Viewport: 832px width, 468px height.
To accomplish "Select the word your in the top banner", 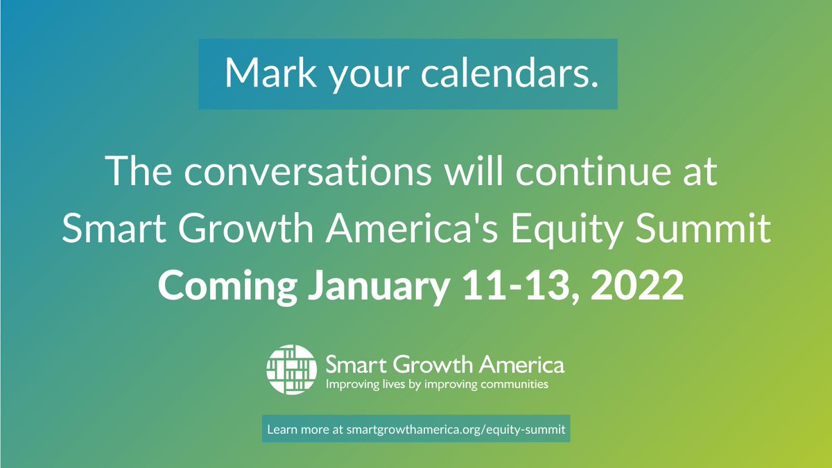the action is tap(368, 77).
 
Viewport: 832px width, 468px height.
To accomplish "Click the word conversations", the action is tap(308, 171).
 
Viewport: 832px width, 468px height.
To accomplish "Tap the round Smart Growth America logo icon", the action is tap(292, 369).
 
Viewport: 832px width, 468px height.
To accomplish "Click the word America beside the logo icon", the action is tap(522, 365).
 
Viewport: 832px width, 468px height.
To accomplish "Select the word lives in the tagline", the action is tap(393, 383).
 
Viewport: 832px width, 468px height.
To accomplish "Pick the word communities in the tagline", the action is tap(514, 383).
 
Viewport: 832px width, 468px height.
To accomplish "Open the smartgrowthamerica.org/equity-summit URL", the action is tap(456, 430).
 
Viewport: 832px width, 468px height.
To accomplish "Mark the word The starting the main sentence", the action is tap(139, 171).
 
